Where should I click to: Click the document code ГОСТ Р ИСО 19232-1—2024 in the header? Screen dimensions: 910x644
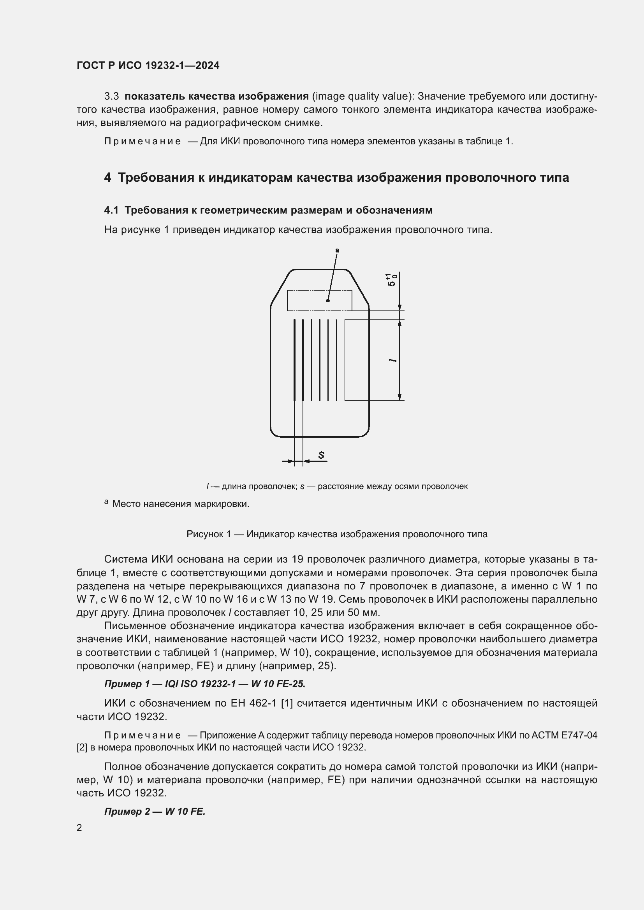pyautogui.click(x=148, y=65)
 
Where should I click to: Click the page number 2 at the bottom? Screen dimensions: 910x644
pyautogui.click(x=79, y=828)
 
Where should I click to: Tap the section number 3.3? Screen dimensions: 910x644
pyautogui.click(x=111, y=96)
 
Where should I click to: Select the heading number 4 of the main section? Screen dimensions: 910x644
pyautogui.click(x=107, y=177)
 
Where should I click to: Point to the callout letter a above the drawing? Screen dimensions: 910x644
pyautogui.click(x=338, y=250)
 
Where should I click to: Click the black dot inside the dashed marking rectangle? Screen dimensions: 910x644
pyautogui.click(x=328, y=301)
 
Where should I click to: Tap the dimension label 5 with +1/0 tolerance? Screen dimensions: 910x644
pyautogui.click(x=391, y=280)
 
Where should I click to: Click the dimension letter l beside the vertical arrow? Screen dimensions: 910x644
pyautogui.click(x=392, y=360)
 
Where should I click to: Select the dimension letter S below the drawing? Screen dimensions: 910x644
pyautogui.click(x=321, y=456)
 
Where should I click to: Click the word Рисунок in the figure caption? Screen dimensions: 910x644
pyautogui.click(x=205, y=534)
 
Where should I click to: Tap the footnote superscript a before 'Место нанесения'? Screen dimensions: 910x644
pyautogui.click(x=106, y=502)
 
